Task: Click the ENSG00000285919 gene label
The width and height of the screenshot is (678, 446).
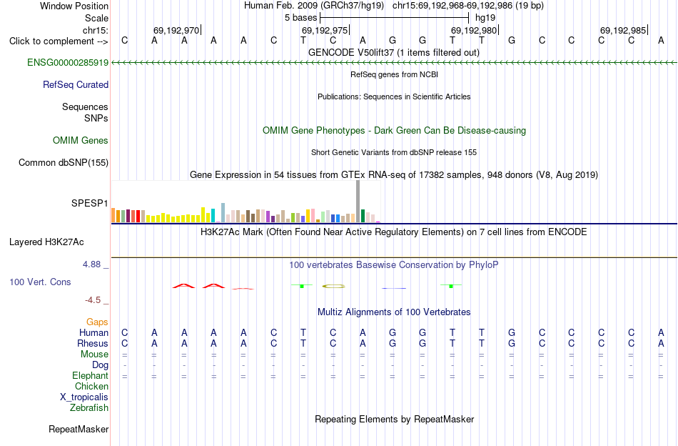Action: tap(68, 62)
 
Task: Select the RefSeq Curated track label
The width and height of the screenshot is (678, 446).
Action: tap(76, 84)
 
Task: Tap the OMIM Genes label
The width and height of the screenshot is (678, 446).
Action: tap(81, 140)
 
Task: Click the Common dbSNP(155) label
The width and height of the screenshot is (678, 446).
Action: tap(64, 162)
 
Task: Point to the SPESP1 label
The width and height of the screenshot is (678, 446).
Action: tap(90, 203)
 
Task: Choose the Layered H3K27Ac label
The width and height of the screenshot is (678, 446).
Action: tap(46, 242)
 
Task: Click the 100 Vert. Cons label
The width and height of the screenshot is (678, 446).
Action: tap(40, 282)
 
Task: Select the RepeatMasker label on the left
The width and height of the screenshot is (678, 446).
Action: tap(79, 429)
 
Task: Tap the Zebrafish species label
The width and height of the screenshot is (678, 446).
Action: tap(89, 407)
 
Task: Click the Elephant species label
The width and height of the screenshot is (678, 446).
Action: tap(91, 375)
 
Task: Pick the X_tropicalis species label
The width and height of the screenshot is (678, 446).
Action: tap(84, 397)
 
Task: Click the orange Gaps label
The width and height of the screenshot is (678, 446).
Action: tap(97, 322)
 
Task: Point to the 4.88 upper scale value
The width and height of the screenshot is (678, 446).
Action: tap(91, 264)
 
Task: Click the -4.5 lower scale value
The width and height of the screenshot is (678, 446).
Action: tap(93, 300)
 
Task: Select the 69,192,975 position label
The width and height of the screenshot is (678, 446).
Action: tap(325, 30)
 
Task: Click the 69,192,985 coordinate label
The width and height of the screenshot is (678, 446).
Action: tap(623, 30)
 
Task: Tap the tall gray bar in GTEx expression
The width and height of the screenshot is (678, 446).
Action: tap(358, 202)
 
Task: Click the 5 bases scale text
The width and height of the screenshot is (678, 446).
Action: tap(300, 18)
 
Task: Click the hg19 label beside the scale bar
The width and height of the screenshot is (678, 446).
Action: tap(485, 18)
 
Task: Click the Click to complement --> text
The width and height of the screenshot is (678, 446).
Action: tap(59, 41)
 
